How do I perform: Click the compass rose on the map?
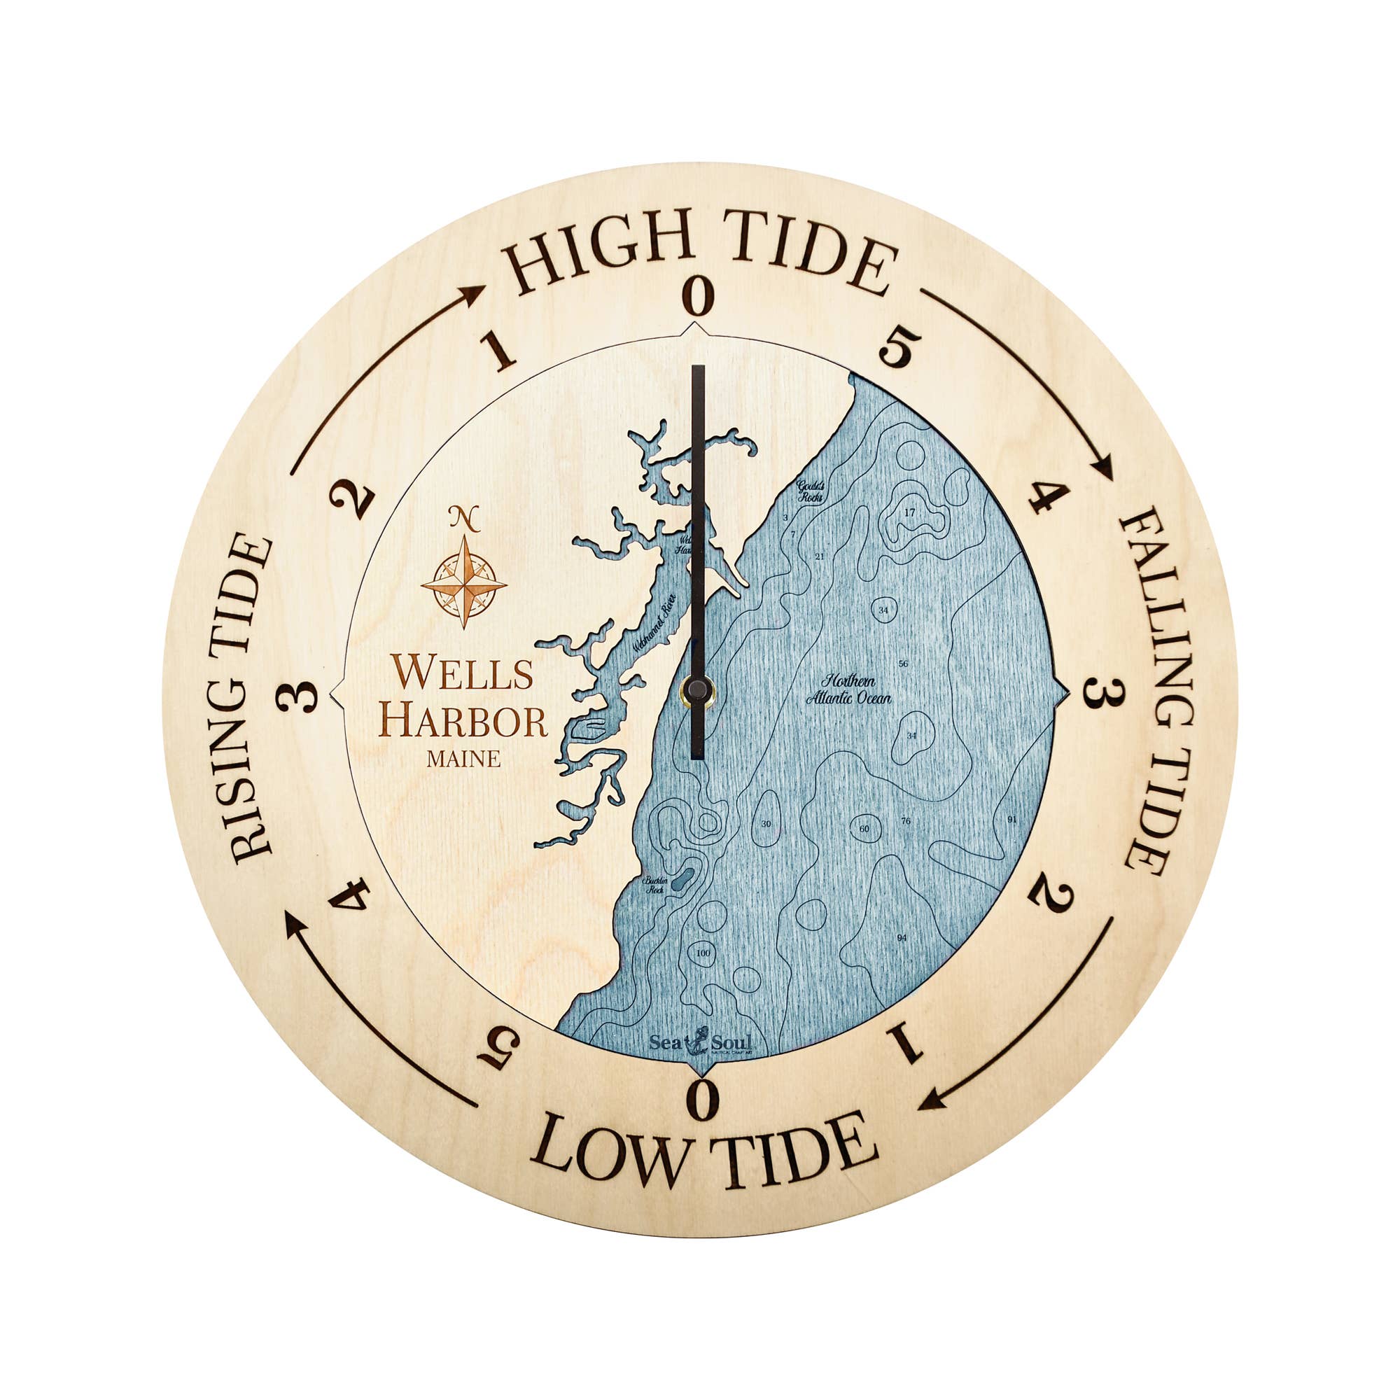click(464, 581)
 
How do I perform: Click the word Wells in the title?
click(463, 672)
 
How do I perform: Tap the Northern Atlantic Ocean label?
click(848, 690)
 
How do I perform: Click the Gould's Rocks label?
click(809, 491)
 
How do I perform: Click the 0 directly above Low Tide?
click(701, 1098)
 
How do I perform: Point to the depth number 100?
click(702, 953)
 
